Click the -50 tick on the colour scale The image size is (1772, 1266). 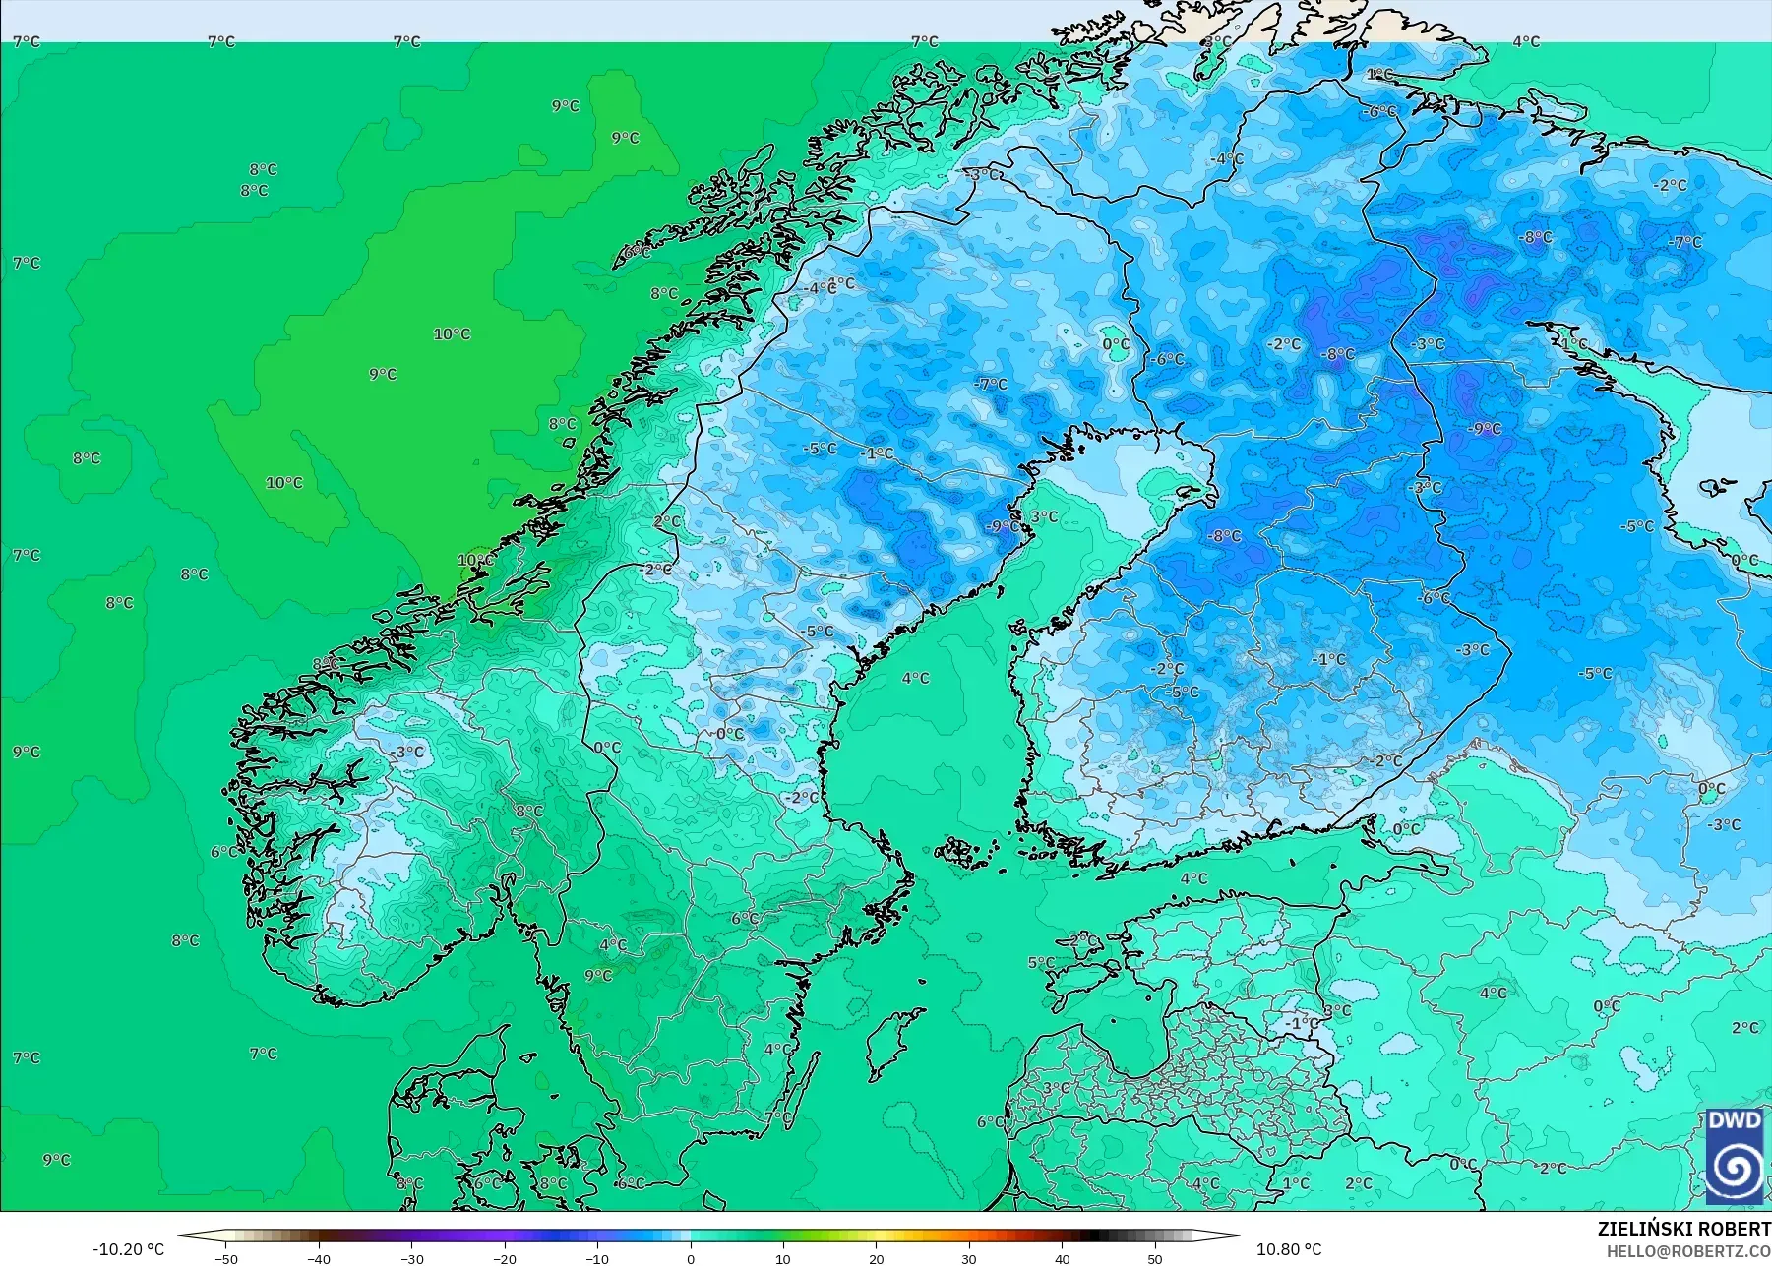pos(225,1258)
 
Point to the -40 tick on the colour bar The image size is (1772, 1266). pos(318,1258)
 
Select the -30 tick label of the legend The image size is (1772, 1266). pos(411,1258)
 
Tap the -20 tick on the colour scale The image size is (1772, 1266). pos(504,1258)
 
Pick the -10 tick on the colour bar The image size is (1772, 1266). pos(597,1258)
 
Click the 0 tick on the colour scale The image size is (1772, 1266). pos(691,1258)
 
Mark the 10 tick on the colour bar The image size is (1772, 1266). pos(783,1258)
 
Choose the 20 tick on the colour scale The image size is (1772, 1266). pos(876,1258)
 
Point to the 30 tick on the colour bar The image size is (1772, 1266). pos(969,1258)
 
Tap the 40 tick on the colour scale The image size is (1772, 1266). pos(1062,1258)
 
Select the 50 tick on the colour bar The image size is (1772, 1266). pos(1155,1258)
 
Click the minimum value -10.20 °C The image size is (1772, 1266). pos(129,1249)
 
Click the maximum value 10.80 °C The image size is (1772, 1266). pos(1289,1249)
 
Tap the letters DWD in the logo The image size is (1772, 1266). pos(1735,1120)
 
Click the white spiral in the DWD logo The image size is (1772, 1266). pos(1735,1169)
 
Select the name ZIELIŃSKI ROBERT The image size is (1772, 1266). pos(1683,1229)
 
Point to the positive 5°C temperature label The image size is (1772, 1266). pos(1041,963)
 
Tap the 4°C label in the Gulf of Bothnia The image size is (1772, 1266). pos(915,678)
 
